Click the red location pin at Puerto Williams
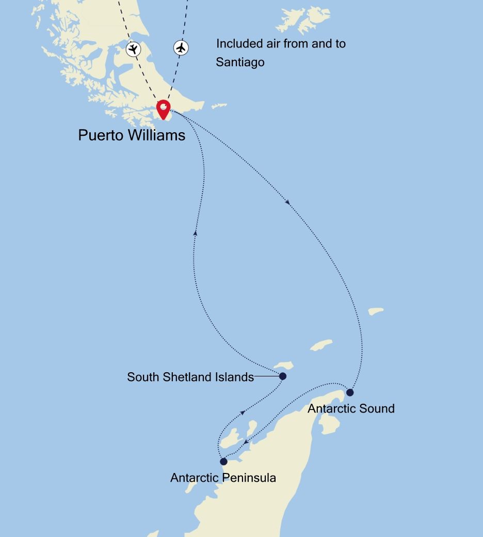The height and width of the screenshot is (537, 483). point(164,108)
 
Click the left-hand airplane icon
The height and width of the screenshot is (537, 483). point(133,49)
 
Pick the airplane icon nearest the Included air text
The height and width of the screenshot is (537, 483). point(181,48)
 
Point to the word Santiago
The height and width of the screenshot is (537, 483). point(240,62)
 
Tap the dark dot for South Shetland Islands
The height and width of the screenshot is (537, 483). point(282,376)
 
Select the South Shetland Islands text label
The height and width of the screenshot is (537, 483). point(190,377)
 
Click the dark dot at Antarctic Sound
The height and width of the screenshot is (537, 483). point(350,392)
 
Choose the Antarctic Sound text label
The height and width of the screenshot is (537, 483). point(351,408)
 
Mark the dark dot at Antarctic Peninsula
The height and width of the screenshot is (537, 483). point(223,462)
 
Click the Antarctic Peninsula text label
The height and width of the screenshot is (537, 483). point(223,478)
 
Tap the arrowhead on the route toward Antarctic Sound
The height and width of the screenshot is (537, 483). point(287,202)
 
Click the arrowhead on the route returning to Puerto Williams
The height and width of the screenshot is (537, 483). point(195,233)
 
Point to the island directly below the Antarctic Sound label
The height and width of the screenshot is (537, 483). point(330,423)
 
